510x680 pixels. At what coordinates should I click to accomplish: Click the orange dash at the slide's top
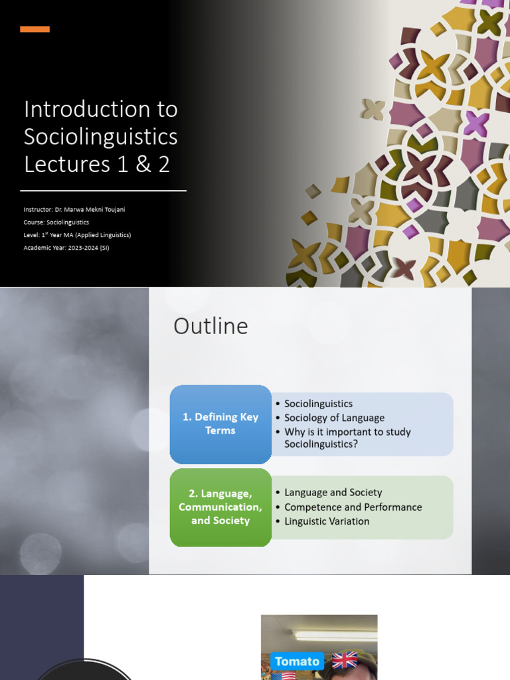(35, 29)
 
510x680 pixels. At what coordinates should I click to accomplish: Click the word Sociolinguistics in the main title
(101, 137)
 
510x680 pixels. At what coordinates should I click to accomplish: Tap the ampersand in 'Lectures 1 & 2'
(143, 165)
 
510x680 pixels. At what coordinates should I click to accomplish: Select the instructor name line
(74, 209)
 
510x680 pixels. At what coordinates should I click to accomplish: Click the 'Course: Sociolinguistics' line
(56, 222)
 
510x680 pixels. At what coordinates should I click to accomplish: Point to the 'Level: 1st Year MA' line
(77, 235)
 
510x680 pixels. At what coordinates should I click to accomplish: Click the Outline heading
(211, 326)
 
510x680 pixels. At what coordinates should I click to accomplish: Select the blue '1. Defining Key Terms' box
(220, 424)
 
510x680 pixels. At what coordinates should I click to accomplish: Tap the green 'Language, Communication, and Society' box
(220, 507)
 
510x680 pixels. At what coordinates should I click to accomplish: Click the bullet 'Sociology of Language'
(335, 418)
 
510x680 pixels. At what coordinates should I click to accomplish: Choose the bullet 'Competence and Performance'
(353, 507)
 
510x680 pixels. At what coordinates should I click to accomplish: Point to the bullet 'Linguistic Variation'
(327, 521)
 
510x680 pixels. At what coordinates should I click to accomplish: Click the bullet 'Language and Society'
(333, 493)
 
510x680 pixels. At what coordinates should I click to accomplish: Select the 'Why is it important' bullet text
(347, 438)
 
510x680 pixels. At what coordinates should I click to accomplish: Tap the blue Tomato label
(297, 661)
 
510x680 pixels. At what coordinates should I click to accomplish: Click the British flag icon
(345, 661)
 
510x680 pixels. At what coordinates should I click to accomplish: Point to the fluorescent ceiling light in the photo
(335, 636)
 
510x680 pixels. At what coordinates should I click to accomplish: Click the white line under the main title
(103, 191)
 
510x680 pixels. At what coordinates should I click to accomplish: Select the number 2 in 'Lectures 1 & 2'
(164, 165)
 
